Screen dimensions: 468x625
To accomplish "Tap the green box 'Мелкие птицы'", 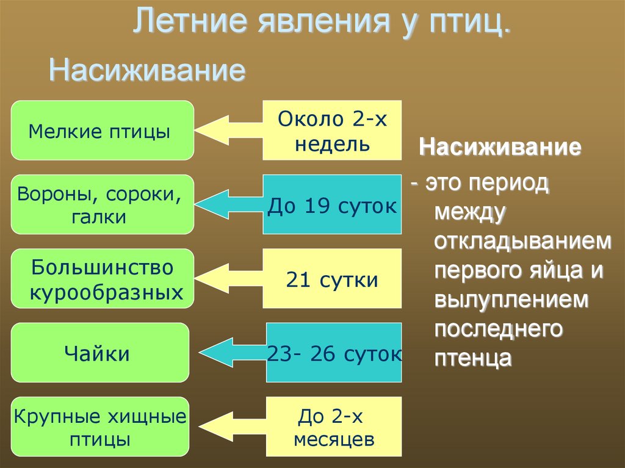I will [x=102, y=130].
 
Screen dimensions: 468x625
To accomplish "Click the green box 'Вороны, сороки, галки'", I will [x=102, y=204].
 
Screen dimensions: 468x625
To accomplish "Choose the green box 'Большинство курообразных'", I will [x=102, y=279].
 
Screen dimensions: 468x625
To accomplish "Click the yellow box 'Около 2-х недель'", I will [x=333, y=130].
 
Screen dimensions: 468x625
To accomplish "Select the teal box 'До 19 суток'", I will [x=333, y=205].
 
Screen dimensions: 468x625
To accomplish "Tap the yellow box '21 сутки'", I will [x=333, y=279].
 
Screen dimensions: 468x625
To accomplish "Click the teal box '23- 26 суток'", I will [x=334, y=353].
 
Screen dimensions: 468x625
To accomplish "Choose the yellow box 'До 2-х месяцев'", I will [x=334, y=428].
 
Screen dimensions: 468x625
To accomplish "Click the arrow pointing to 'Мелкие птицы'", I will [x=228, y=129].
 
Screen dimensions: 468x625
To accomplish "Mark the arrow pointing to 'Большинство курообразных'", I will [x=229, y=279].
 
